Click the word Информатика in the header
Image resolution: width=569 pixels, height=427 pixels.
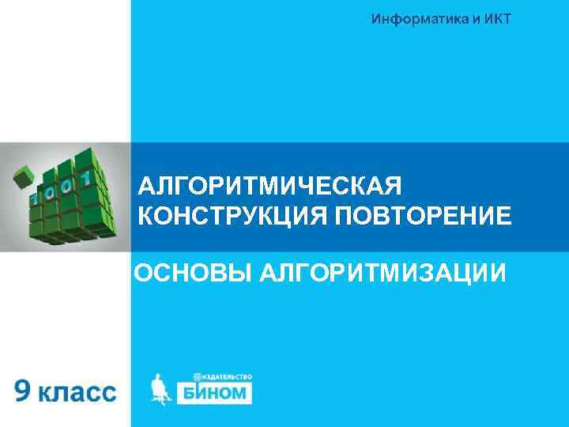(417, 19)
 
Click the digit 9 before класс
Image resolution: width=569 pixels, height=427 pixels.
(24, 391)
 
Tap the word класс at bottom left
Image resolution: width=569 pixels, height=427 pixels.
(77, 392)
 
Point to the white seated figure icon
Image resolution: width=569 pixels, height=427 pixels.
(161, 388)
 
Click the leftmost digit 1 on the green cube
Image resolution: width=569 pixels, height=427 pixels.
(33, 195)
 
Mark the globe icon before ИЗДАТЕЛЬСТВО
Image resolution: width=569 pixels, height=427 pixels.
(197, 377)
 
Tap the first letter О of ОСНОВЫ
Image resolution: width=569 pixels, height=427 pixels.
(143, 273)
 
